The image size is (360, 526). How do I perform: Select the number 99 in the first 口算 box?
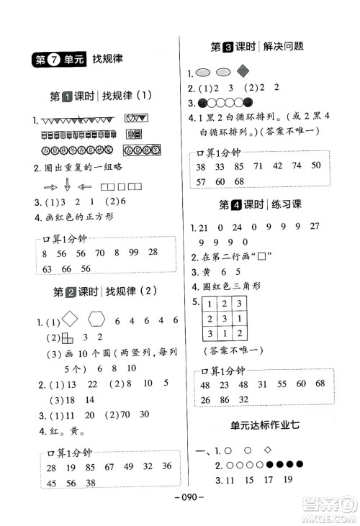click(131, 253)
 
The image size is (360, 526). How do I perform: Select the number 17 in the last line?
click(267, 479)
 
